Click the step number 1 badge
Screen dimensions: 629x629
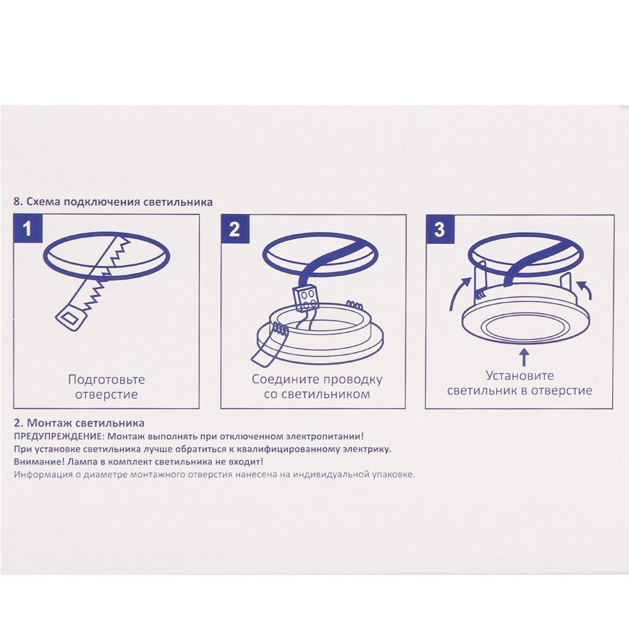point(28,229)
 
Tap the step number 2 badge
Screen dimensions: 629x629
point(235,229)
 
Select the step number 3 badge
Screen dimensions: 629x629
point(440,229)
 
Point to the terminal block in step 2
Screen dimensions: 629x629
point(306,299)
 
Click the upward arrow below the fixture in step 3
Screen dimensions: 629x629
point(523,357)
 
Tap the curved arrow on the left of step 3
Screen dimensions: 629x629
point(459,294)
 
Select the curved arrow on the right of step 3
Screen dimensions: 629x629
point(585,291)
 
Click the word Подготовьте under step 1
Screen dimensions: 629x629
point(106,380)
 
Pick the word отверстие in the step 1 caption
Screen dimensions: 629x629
point(106,394)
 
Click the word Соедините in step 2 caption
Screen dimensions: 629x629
point(286,379)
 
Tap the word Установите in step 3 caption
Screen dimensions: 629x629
point(520,376)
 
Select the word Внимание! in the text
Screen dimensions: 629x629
point(39,462)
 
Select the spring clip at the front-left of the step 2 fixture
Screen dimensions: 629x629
point(280,330)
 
